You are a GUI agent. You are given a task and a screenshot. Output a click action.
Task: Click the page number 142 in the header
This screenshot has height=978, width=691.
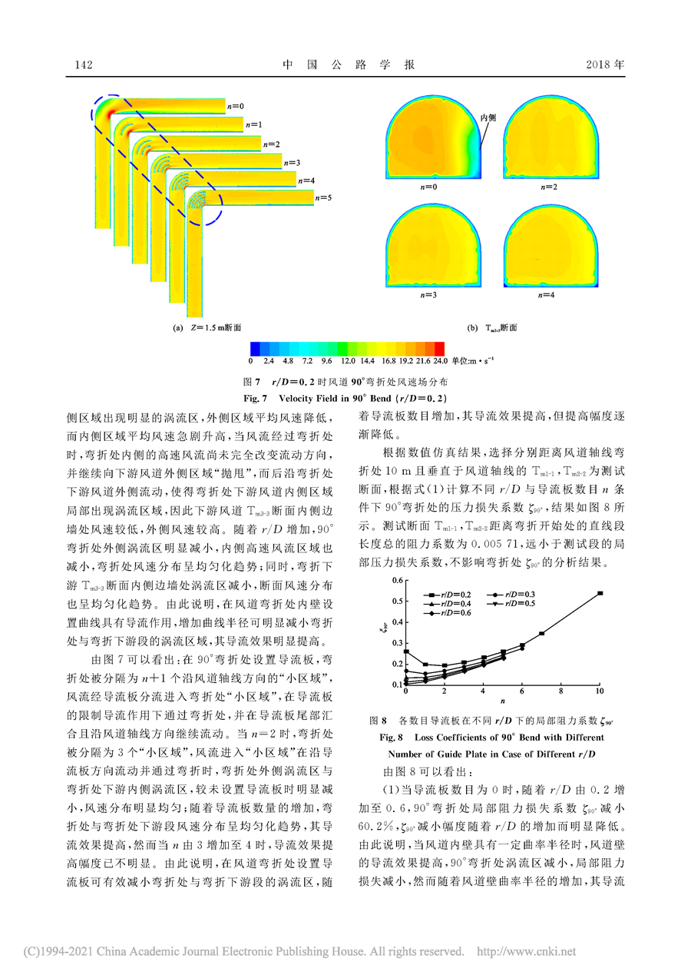pos(83,65)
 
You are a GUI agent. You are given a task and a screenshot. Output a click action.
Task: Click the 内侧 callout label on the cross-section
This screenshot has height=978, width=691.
pos(488,118)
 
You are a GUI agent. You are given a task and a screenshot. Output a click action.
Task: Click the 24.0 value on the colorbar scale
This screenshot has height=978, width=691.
pos(440,360)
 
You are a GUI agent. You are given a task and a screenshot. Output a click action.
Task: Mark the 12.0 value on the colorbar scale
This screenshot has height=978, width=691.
pos(347,360)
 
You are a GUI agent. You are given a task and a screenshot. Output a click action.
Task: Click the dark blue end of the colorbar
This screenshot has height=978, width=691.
pos(256,348)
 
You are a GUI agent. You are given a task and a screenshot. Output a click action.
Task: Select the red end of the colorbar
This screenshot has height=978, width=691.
pos(440,348)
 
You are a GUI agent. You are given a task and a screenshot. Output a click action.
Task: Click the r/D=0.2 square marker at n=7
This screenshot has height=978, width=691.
pos(541,633)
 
